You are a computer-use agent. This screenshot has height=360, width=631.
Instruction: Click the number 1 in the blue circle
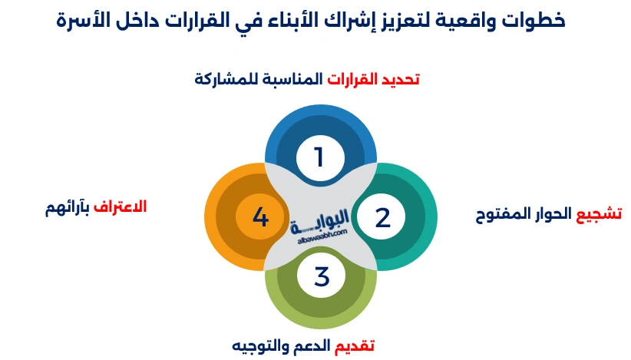pyautogui.click(x=319, y=157)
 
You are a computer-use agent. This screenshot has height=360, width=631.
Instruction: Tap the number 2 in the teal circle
pyautogui.click(x=382, y=218)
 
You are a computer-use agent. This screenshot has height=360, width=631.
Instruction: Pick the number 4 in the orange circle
pyautogui.click(x=260, y=218)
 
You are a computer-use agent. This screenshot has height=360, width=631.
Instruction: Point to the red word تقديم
pyautogui.click(x=354, y=346)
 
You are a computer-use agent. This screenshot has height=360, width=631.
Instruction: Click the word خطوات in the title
pyautogui.click(x=537, y=21)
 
